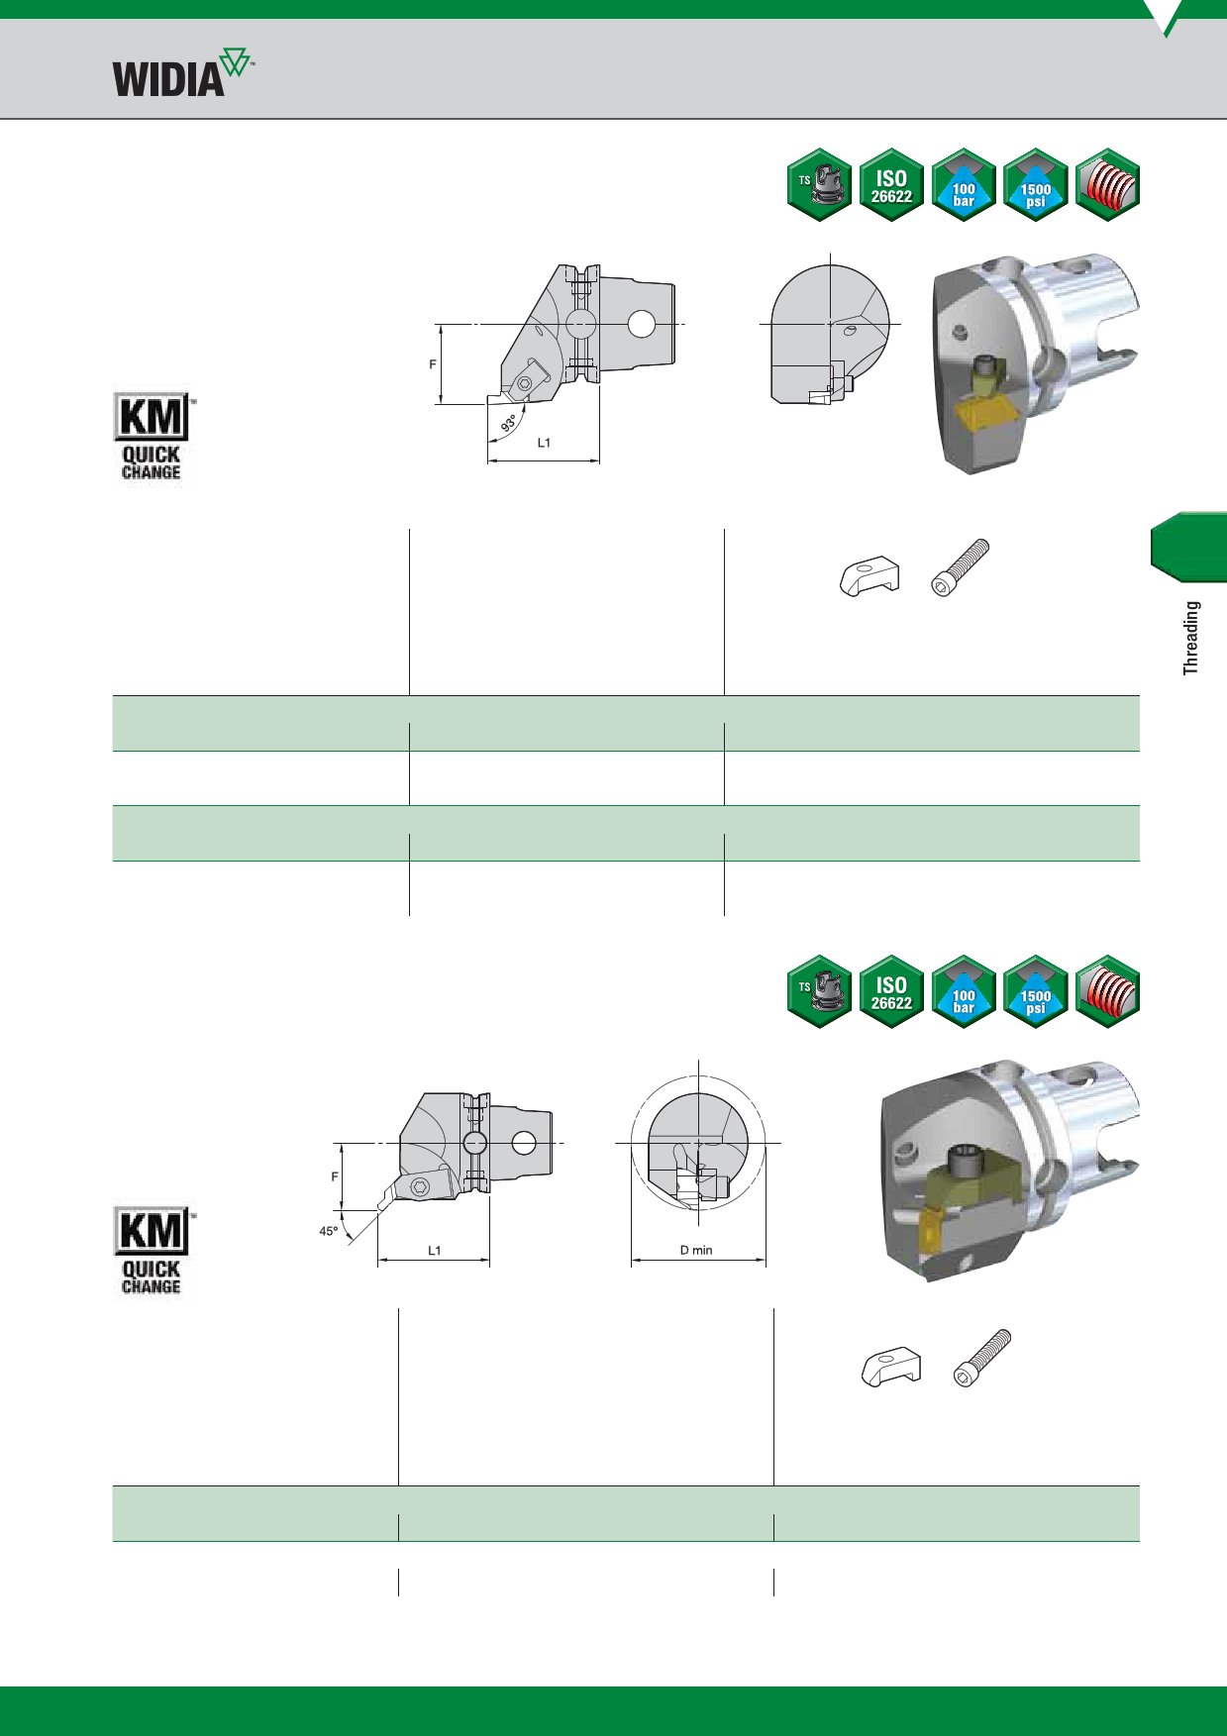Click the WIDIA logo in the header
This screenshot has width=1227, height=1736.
[x=183, y=72]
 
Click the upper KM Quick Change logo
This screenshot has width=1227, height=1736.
[x=153, y=437]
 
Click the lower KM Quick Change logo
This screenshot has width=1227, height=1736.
[x=153, y=1251]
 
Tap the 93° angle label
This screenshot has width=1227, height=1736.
[x=509, y=422]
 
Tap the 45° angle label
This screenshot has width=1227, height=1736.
[x=329, y=1231]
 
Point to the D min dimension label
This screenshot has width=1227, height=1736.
[x=696, y=1250]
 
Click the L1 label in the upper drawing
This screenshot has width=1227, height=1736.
[x=544, y=443]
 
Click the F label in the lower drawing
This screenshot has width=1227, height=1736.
[x=335, y=1176]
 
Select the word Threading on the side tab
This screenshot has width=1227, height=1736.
[x=1190, y=638]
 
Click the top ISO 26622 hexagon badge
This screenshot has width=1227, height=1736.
[x=891, y=185]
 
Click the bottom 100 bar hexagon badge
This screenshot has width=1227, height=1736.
[x=964, y=991]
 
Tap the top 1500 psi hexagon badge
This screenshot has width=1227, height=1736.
[x=1036, y=185]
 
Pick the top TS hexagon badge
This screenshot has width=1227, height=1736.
[x=819, y=185]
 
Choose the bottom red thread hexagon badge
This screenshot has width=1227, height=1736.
[x=1107, y=991]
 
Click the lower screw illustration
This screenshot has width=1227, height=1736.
[x=982, y=1358]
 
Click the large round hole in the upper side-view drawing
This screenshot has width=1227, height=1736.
[x=642, y=324]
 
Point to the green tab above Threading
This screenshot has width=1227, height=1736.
[x=1188, y=547]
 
